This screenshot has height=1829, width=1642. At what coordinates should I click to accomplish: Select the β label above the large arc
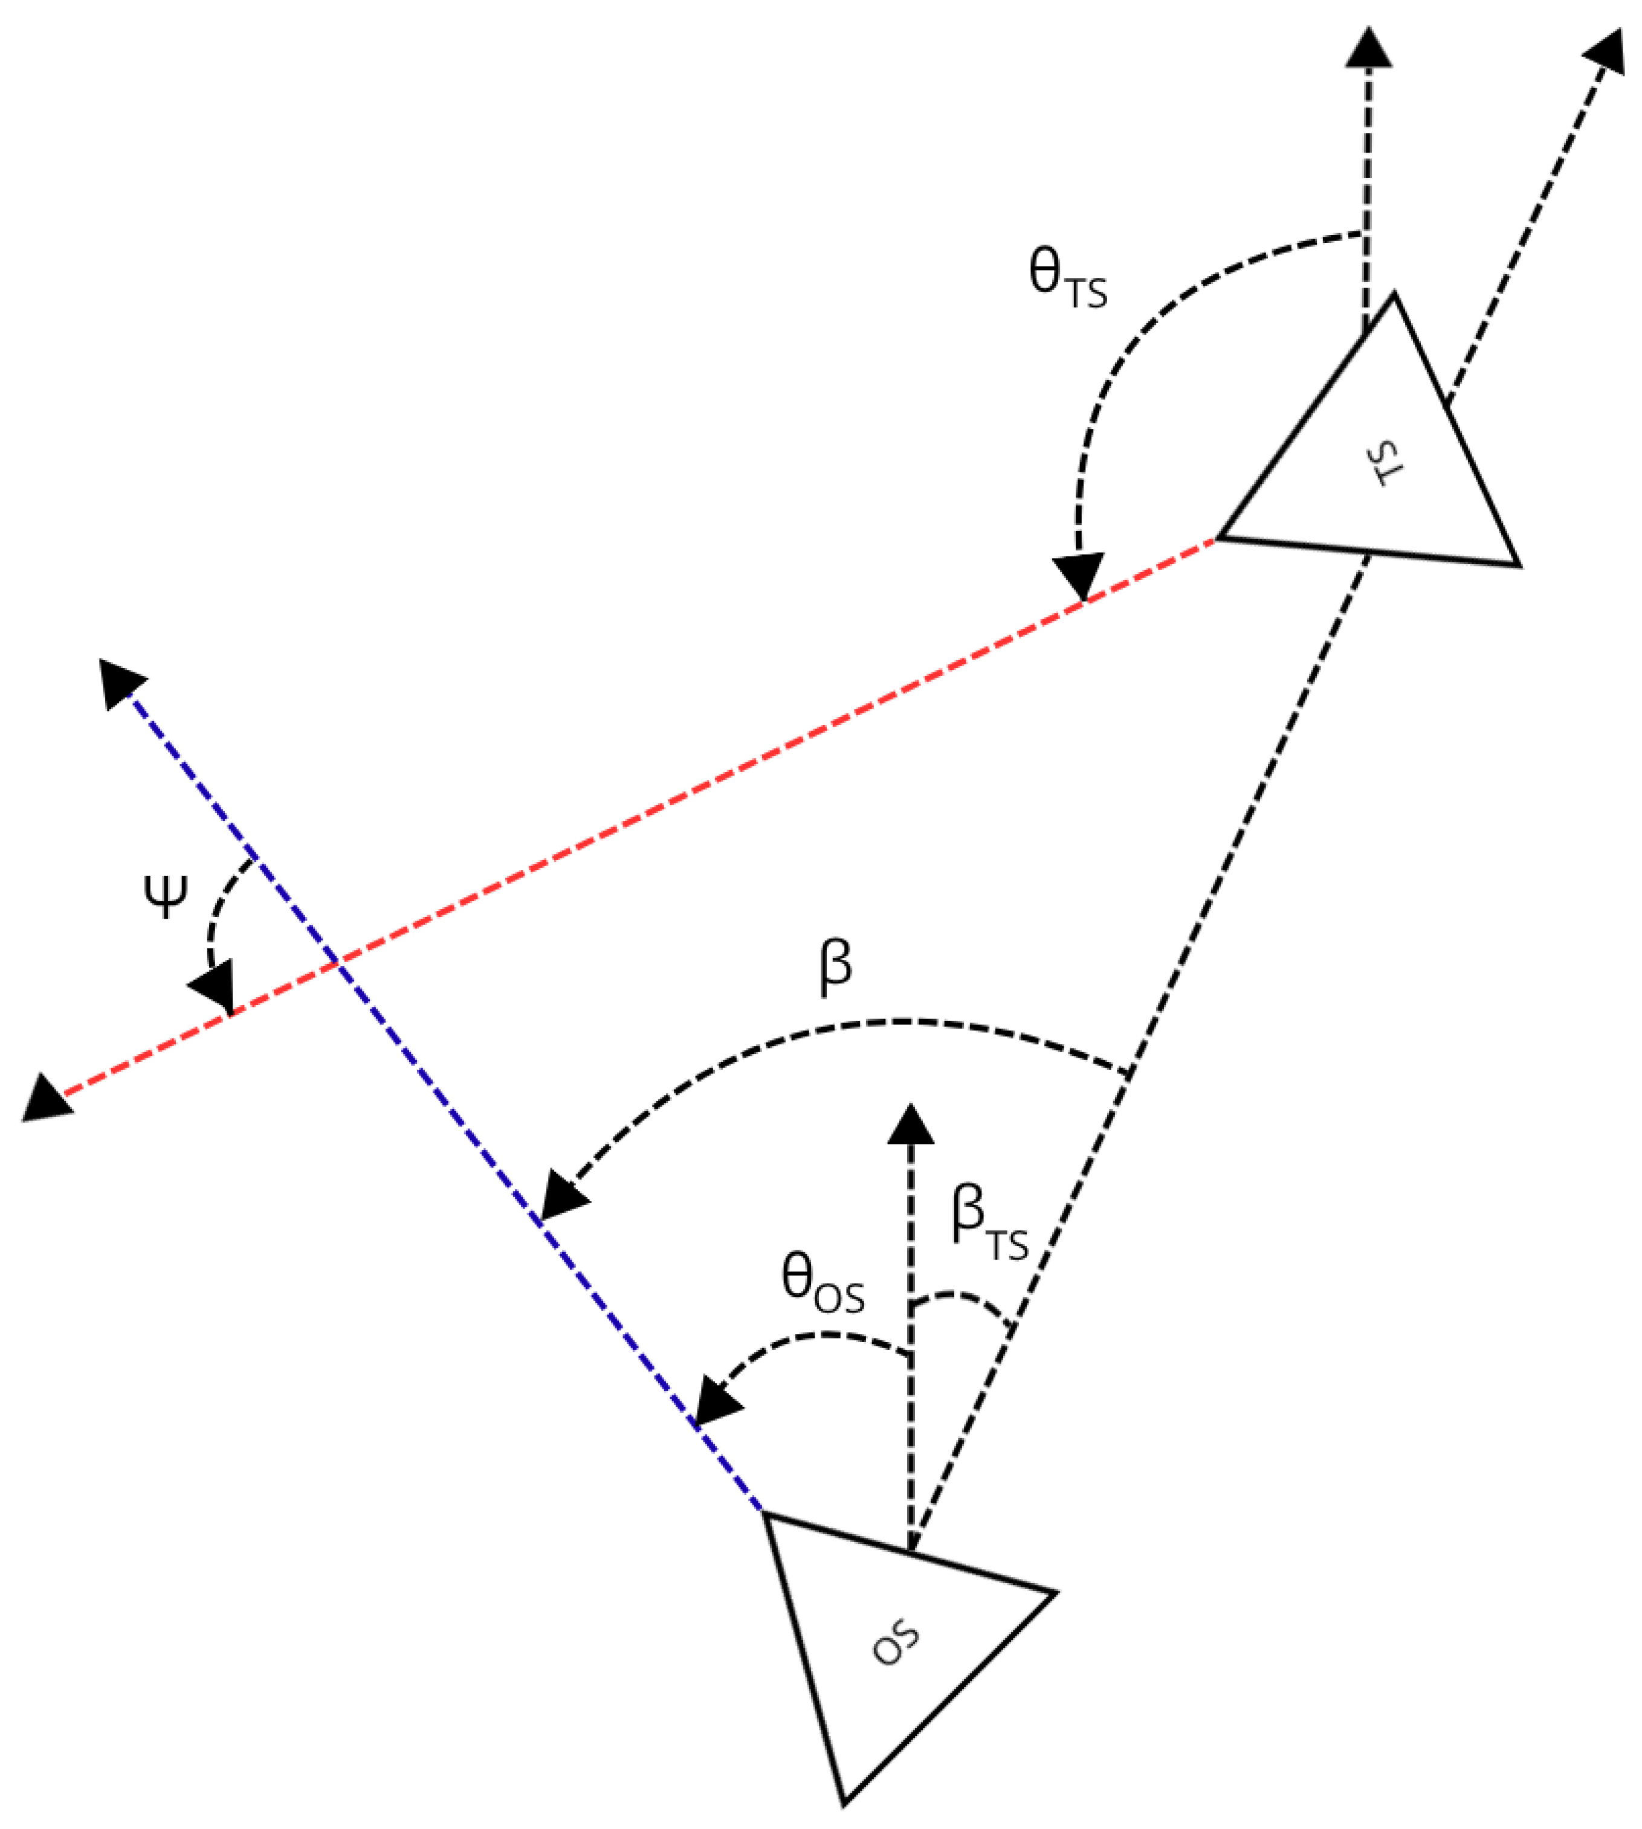pyautogui.click(x=835, y=966)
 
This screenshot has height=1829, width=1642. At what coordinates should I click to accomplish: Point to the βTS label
pyautogui.click(x=989, y=1221)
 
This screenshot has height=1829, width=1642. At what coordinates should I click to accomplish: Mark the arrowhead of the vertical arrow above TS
pyautogui.click(x=1369, y=47)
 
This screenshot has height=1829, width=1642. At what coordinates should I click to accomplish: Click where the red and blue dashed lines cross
pyautogui.click(x=337, y=964)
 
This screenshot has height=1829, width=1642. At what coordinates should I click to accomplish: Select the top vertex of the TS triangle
pyautogui.click(x=1394, y=294)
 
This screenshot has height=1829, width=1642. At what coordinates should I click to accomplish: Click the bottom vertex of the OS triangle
pyautogui.click(x=844, y=1804)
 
